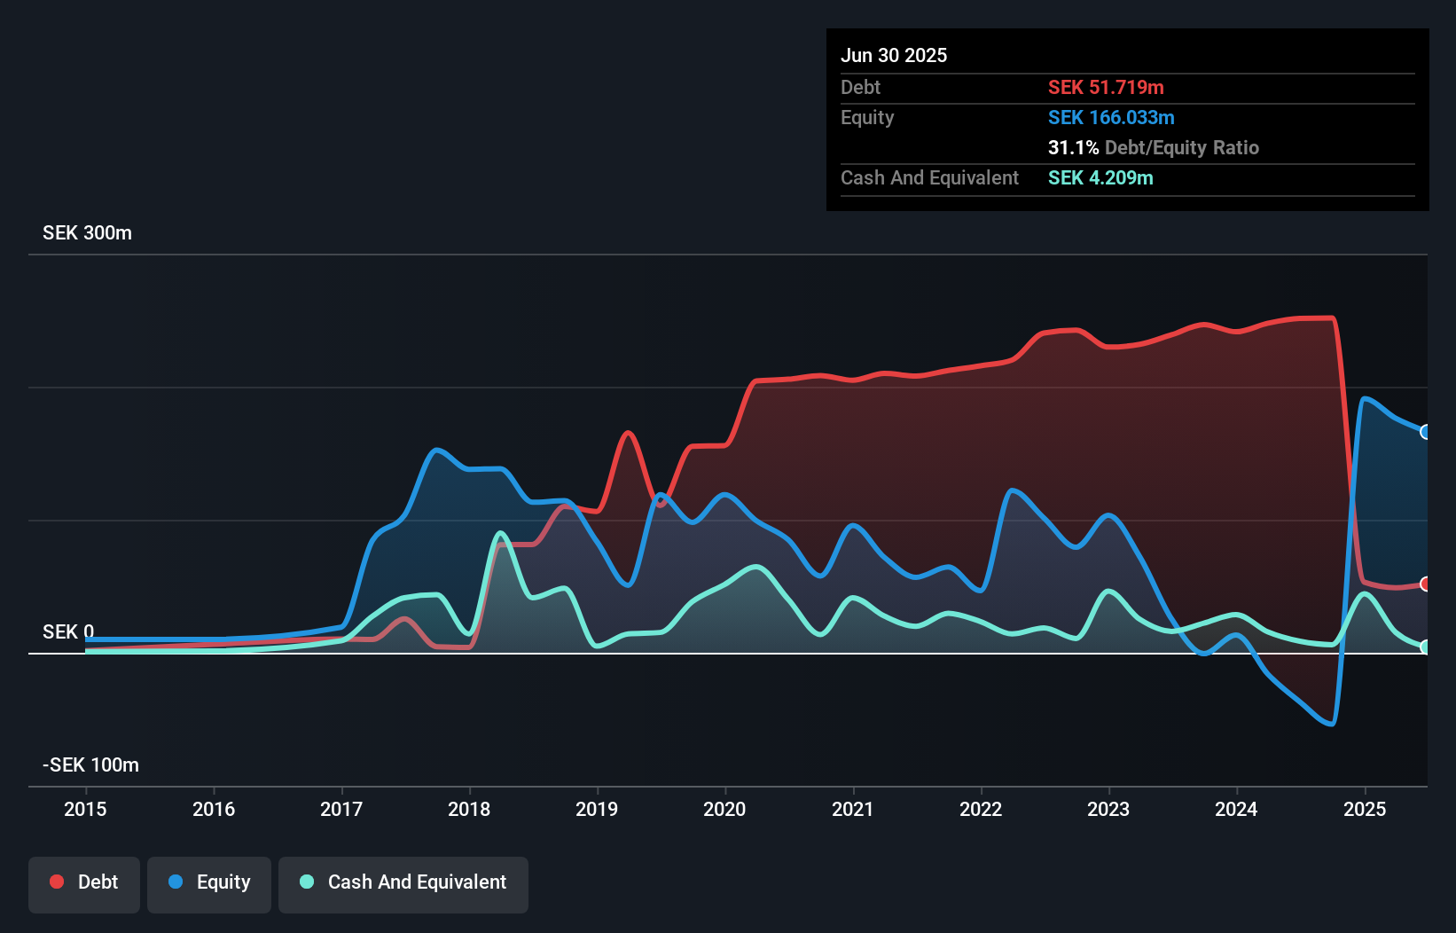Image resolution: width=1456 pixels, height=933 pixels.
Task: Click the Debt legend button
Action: (x=84, y=882)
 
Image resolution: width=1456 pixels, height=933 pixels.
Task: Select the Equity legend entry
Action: (x=209, y=882)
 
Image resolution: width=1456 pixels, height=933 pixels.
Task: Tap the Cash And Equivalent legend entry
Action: (x=403, y=882)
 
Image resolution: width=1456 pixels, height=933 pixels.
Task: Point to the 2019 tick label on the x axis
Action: (x=597, y=809)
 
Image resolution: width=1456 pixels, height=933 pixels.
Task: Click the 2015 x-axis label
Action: (x=85, y=809)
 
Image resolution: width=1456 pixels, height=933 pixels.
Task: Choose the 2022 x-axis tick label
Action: (x=981, y=809)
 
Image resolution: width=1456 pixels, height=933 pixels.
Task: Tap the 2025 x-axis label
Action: (x=1364, y=809)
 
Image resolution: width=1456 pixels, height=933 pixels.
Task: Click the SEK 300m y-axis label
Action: (x=87, y=233)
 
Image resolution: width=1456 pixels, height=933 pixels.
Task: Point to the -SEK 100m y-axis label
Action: (x=90, y=765)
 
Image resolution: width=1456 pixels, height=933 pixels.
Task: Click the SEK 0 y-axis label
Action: (x=67, y=632)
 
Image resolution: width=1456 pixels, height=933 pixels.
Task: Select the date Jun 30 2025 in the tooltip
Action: (x=894, y=56)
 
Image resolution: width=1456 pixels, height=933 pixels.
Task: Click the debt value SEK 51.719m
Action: (x=1106, y=88)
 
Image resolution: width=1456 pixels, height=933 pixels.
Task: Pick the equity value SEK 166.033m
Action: (x=1111, y=118)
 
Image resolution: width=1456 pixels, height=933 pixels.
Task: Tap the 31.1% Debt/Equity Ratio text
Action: (x=1153, y=148)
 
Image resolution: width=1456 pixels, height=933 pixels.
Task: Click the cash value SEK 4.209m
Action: (x=1100, y=178)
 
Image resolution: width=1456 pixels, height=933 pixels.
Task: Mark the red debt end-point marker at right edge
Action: (x=1425, y=584)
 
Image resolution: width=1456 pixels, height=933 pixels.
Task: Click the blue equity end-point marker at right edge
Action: (x=1425, y=432)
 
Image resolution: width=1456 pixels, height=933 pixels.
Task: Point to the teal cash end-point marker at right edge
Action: (x=1425, y=647)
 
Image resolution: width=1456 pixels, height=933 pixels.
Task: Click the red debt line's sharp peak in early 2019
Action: (x=629, y=433)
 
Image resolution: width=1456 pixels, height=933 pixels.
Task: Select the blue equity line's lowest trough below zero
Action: (x=1331, y=724)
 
